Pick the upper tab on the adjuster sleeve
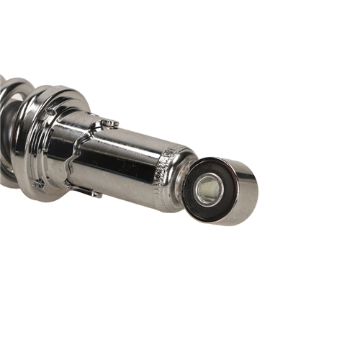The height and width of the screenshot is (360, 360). click(x=109, y=124)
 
